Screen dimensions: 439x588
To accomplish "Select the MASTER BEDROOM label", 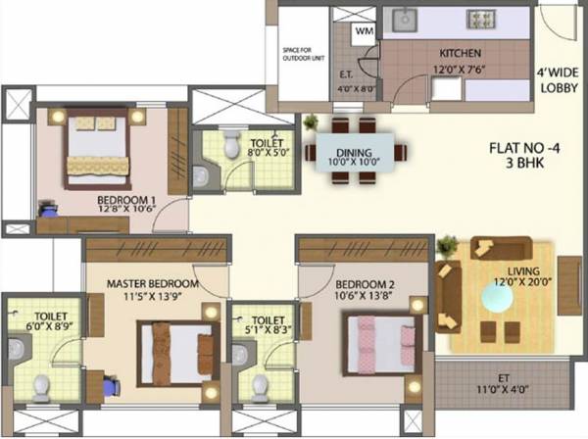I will pos(152,283).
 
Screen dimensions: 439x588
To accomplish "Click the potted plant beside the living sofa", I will pos(448,245).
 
